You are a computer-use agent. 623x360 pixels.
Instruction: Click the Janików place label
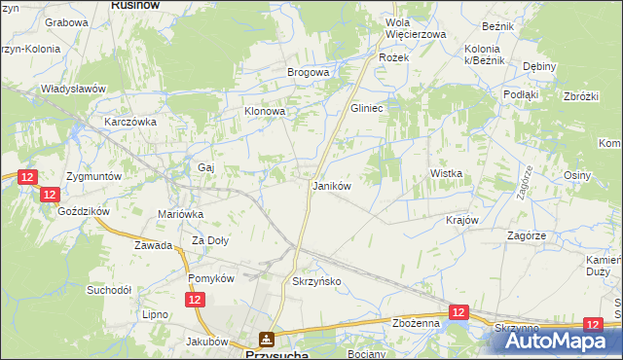330,185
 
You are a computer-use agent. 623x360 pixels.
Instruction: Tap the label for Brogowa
308,72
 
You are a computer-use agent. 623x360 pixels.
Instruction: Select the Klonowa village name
264,112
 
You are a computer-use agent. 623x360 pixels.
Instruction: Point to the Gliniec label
368,109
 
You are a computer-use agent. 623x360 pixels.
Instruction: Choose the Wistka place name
446,173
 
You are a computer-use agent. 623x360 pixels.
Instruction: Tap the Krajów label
462,220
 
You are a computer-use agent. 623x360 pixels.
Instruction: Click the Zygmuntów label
93,177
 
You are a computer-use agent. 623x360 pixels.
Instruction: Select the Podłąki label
521,94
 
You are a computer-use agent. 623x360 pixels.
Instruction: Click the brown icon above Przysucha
266,339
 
